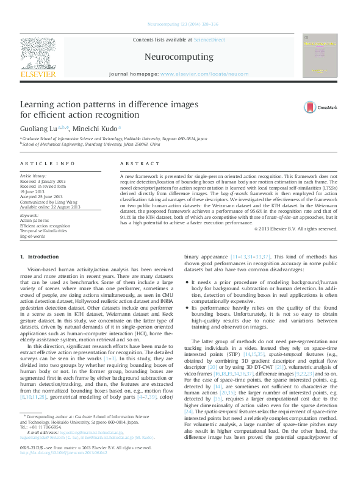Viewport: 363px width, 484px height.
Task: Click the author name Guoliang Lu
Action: click(x=40, y=128)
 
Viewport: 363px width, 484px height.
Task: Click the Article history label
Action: click(x=37, y=175)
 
